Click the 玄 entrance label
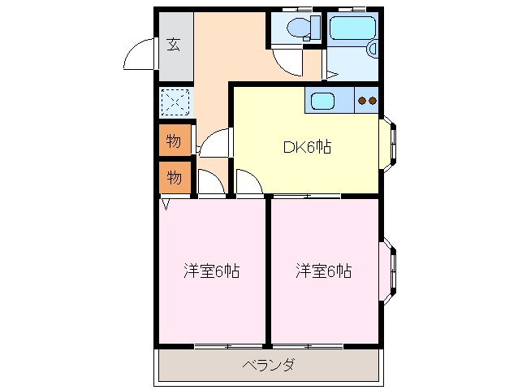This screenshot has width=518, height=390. tap(174, 45)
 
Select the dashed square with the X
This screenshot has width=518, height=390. tap(175, 102)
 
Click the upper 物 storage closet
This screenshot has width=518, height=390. tap(174, 141)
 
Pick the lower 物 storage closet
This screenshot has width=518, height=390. tap(174, 177)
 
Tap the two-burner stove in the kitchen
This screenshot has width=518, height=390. tap(367, 101)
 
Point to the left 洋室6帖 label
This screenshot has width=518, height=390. tap(211, 271)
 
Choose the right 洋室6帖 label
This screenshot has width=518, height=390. tap(323, 271)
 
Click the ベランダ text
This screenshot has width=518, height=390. tap(269, 365)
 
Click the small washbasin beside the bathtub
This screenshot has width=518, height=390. tap(373, 50)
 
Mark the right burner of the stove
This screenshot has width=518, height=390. tap(373, 101)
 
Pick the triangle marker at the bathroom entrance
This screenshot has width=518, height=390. tap(330, 76)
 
